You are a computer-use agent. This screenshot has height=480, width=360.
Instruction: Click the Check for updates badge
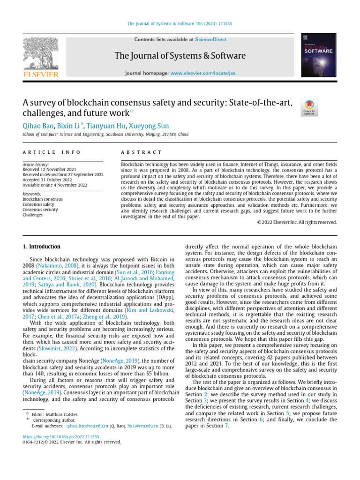pyautogui.click(x=310, y=107)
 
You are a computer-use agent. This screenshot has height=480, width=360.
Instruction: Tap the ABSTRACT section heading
pyautogui.click(x=141, y=153)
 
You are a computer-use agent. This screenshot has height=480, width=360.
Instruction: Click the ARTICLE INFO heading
pyautogui.click(x=52, y=153)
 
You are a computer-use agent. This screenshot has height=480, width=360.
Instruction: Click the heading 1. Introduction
pyautogui.click(x=42, y=247)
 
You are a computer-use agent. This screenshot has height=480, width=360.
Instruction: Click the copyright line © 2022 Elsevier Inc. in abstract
pyautogui.click(x=297, y=222)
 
